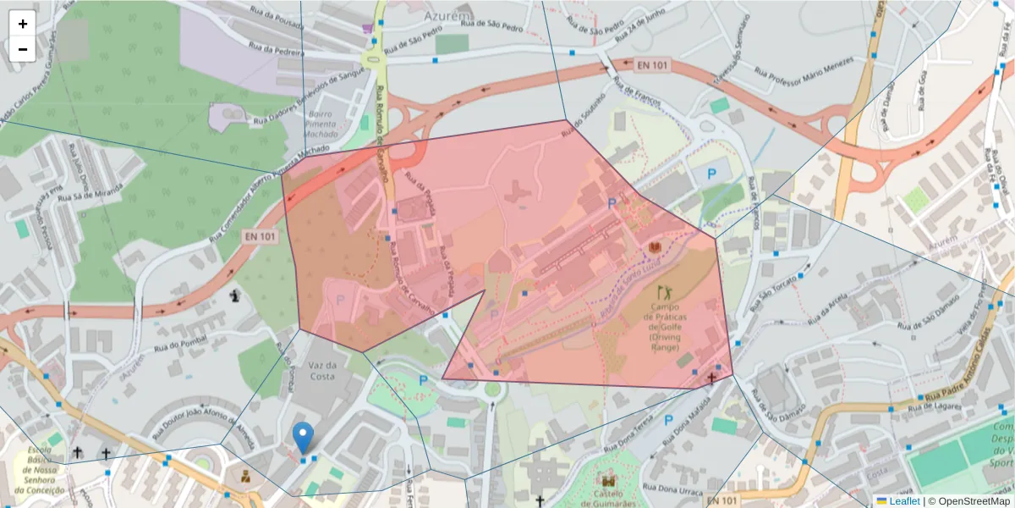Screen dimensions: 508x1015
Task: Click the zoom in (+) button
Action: tap(23, 24)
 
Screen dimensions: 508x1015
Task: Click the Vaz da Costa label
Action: tap(322, 371)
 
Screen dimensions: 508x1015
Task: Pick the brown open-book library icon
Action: tap(654, 247)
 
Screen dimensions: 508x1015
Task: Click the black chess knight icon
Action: tap(234, 295)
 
